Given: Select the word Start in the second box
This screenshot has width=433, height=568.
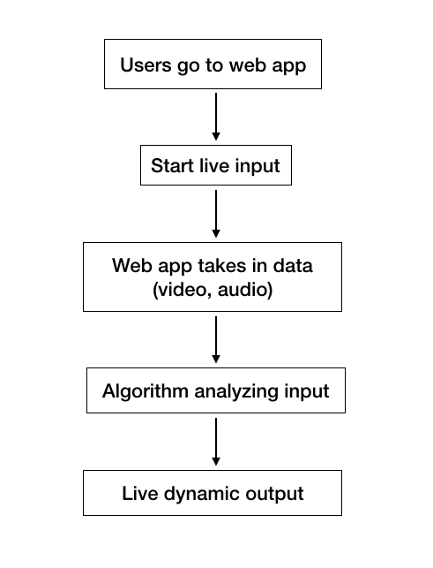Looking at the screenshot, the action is click(x=172, y=165).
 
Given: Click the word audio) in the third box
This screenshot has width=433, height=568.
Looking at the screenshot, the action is click(x=245, y=290).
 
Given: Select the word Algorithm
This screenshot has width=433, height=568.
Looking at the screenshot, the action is click(x=146, y=391).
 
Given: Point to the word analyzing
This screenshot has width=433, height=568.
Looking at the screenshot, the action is click(x=236, y=392).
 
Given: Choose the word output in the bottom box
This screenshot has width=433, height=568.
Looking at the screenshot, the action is click(x=274, y=494).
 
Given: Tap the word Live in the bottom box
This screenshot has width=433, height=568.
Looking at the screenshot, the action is click(x=140, y=494).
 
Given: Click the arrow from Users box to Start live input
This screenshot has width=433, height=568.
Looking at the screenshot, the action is click(x=216, y=117).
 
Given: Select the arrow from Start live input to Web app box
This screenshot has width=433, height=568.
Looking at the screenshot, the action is click(x=216, y=214).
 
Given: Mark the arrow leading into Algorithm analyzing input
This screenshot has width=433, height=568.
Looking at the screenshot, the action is click(x=216, y=339).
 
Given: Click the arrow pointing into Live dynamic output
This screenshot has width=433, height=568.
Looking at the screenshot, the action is click(x=216, y=442).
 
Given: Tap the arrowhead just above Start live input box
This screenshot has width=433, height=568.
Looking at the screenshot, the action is click(x=216, y=137).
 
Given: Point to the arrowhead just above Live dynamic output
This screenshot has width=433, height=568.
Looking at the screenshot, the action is click(x=216, y=461).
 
